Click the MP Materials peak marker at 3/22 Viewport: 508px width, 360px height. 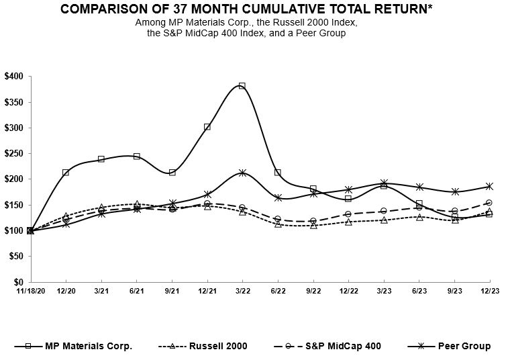pos(242,86)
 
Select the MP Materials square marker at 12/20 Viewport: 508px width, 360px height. pos(66,173)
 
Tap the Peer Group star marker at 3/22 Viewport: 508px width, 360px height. pos(242,173)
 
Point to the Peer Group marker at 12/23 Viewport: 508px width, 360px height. pos(489,186)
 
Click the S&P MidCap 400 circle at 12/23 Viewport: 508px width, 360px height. pos(489,203)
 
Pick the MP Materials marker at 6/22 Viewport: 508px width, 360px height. pos(278,173)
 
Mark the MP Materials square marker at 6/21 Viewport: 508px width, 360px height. pos(137,156)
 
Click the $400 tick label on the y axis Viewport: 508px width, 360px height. pos(14,77)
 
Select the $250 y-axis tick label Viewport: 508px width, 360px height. pos(14,154)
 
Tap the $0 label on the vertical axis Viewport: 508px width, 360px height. pos(18,282)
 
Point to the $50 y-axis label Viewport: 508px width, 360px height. pos(16,257)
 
